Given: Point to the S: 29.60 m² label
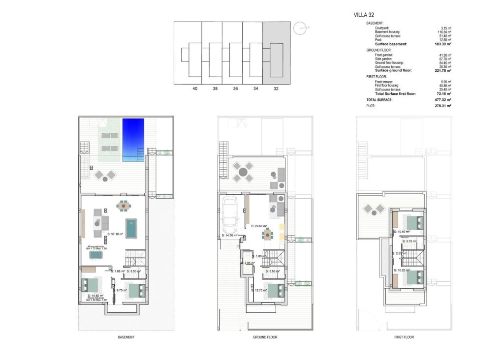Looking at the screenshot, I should point(258,226).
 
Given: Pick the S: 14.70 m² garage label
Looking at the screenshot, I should point(230,236).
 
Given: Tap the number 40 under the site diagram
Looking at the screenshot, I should point(195,89).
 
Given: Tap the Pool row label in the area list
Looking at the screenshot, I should point(378,40).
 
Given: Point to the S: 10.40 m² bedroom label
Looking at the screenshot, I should point(402,231).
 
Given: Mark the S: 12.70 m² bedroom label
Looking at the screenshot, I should point(259,290).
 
